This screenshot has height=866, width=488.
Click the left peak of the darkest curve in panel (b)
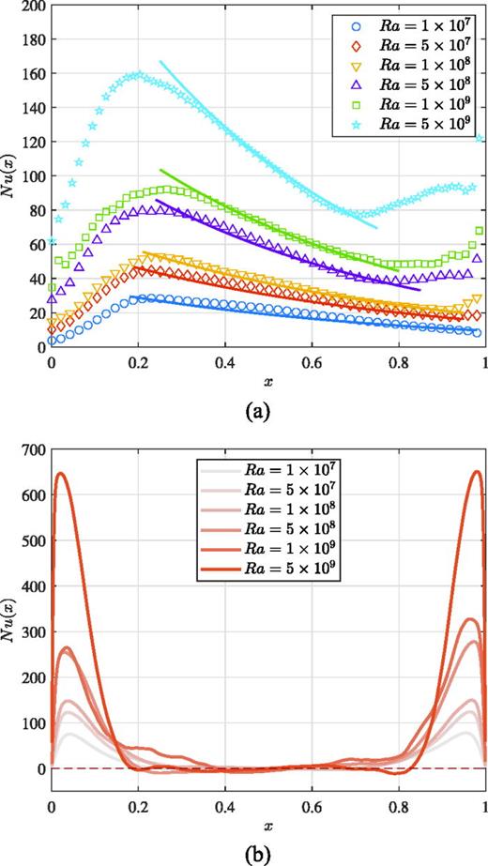click(x=62, y=473)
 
